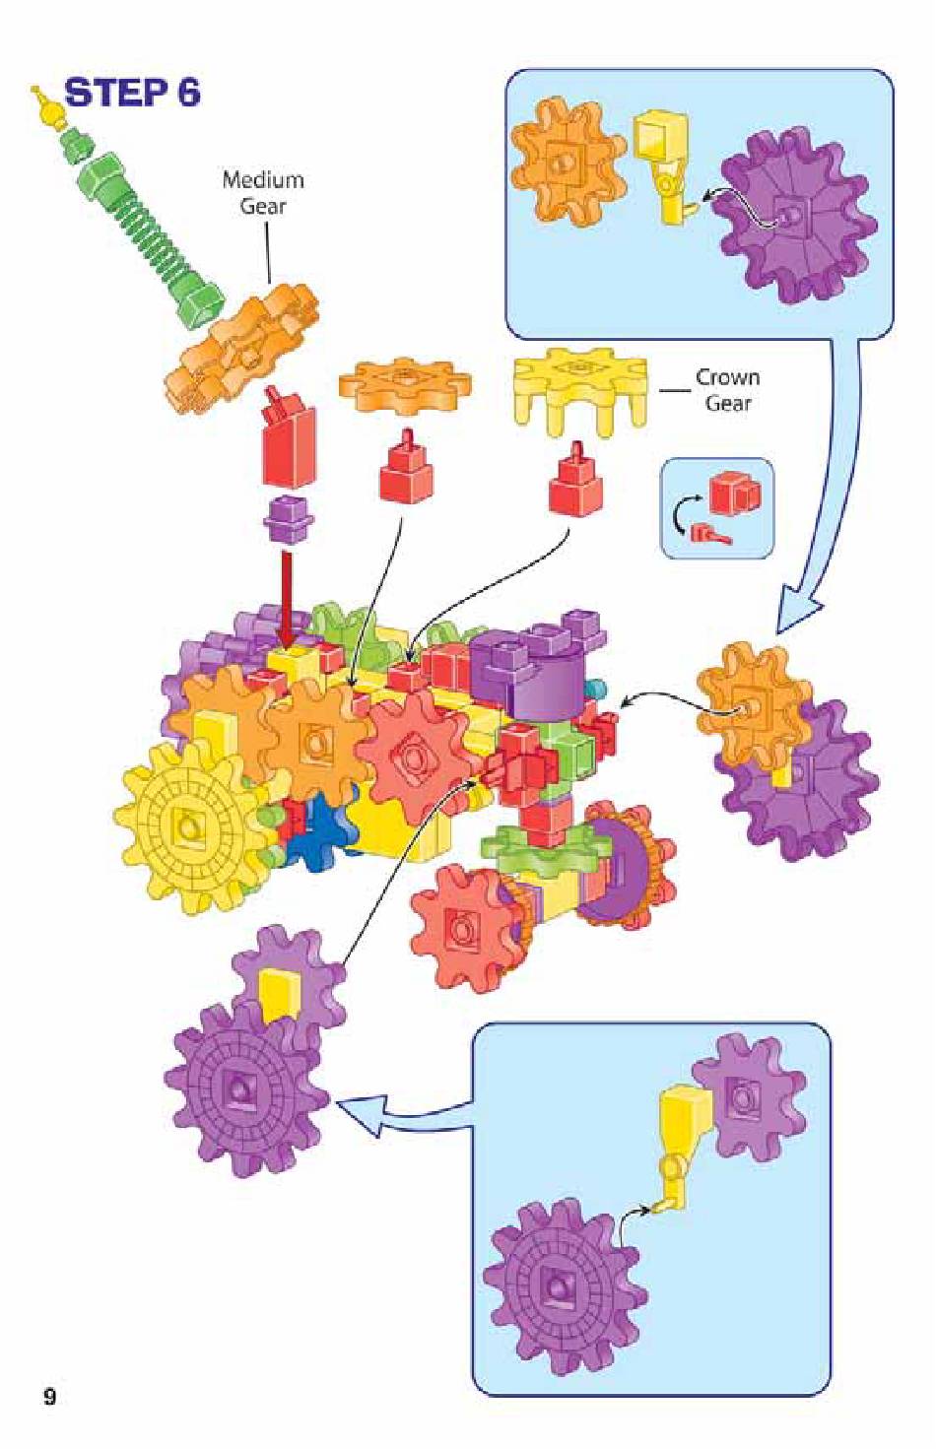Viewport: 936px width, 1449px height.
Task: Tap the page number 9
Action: [50, 1397]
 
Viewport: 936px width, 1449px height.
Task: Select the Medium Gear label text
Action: [263, 192]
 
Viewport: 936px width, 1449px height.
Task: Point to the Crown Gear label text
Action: [727, 390]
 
